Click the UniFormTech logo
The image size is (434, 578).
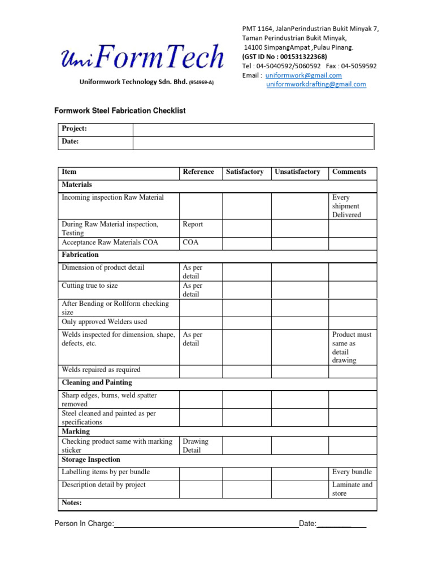pos(142,56)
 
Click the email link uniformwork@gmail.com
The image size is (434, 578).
pos(303,75)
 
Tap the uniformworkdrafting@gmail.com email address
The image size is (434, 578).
pos(316,84)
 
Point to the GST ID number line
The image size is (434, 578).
pos(284,56)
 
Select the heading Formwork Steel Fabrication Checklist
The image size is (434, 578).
pos(120,111)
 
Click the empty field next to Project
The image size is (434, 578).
pos(253,129)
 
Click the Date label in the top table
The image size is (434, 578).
pos(70,142)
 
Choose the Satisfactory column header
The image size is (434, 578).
pos(245,172)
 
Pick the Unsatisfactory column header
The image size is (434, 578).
pos(297,172)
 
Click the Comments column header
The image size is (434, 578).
pos(349,172)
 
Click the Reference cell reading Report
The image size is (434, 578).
pos(193,224)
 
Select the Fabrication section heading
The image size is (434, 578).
pos(80,255)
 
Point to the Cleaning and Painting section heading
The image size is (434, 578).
pos(97,382)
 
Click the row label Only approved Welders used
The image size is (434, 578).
pos(104,322)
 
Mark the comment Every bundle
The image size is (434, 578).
pos(351,472)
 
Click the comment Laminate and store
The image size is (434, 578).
pos(352,489)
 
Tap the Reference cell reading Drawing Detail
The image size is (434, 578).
pos(195,446)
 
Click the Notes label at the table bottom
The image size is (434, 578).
pos(72,502)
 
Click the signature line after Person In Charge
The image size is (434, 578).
pos(206,524)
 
